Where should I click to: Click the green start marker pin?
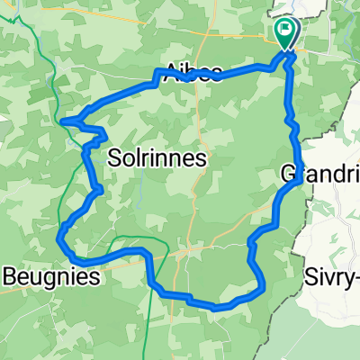point(286,34)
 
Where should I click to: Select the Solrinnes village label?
point(157,157)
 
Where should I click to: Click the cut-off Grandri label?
point(319,173)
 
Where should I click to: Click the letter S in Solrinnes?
point(114,157)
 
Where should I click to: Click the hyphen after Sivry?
point(356,276)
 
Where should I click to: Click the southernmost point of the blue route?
point(216,306)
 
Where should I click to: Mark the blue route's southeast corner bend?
point(263,290)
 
